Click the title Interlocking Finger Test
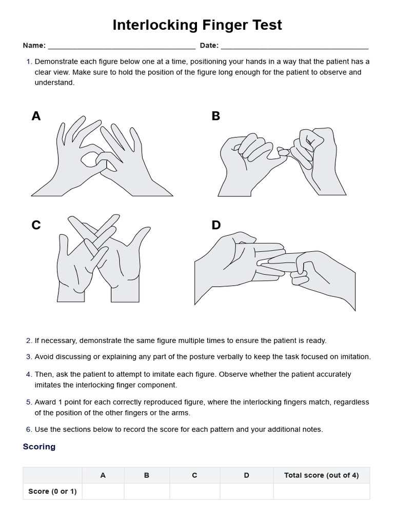(197, 25)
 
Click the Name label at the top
(34, 46)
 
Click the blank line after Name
(121, 47)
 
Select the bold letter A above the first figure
(36, 116)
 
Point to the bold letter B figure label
(215, 116)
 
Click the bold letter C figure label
(36, 225)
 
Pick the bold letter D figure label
(216, 225)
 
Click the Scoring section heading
(39, 447)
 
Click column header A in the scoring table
(103, 475)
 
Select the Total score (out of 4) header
(321, 475)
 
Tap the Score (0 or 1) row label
(52, 491)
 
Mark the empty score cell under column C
(194, 491)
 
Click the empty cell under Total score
(321, 491)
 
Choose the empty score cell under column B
(147, 491)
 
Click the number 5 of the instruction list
(29, 402)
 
